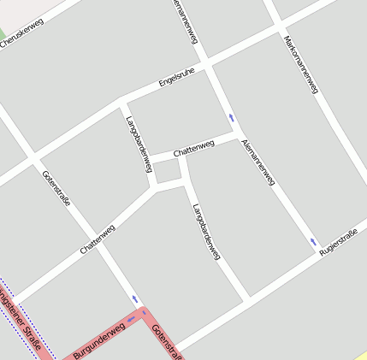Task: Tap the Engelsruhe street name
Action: (x=176, y=78)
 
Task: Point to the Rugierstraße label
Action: (x=337, y=244)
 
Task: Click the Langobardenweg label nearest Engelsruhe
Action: (x=134, y=140)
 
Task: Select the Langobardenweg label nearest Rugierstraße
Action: (x=206, y=231)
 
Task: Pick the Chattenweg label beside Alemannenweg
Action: (x=193, y=149)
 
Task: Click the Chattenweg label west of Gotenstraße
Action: (x=97, y=239)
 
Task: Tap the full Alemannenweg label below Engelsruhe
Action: (x=258, y=161)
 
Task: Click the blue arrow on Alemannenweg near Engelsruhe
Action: (x=231, y=118)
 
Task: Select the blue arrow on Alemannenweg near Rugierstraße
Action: (x=313, y=242)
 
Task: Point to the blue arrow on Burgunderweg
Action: (x=131, y=319)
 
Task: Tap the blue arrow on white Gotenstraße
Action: (x=133, y=299)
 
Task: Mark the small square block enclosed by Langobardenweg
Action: (x=166, y=171)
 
